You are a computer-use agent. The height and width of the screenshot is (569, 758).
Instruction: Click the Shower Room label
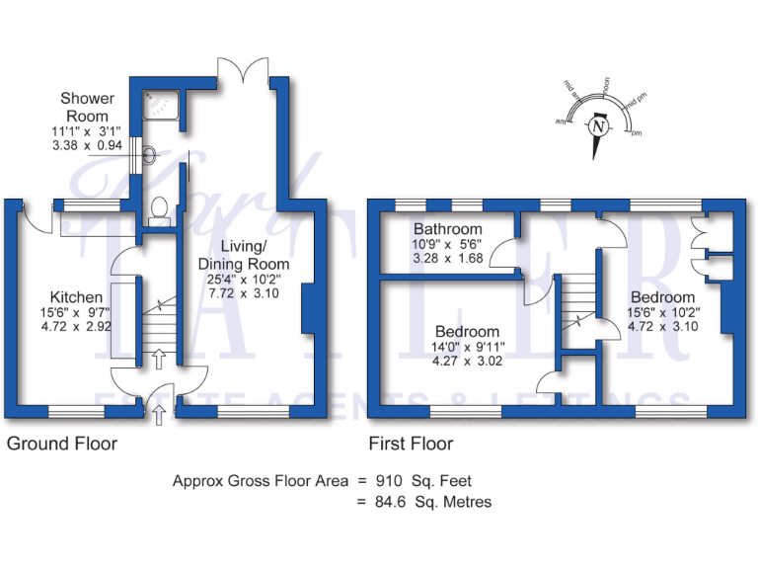(x=87, y=107)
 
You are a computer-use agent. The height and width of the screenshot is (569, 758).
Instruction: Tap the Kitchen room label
(x=77, y=297)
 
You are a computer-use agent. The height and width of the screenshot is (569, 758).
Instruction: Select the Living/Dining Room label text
(x=244, y=255)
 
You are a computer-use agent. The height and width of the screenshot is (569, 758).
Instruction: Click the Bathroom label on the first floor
(x=448, y=230)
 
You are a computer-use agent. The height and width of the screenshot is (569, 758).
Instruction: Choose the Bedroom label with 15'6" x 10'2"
(x=663, y=297)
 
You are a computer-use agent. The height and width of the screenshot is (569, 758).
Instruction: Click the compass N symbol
(x=597, y=126)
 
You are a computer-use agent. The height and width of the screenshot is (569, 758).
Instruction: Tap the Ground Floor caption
(x=62, y=444)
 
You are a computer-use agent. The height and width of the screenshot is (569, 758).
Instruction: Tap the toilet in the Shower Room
(x=158, y=208)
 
